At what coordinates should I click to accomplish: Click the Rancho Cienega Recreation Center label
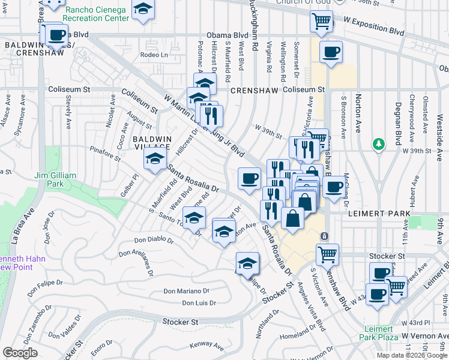coord(97,14)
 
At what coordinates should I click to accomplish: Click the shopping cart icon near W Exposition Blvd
coord(322,22)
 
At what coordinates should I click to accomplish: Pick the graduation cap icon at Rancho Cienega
coord(142,10)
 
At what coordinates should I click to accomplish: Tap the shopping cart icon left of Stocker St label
coord(327,254)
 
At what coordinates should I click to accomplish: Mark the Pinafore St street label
coord(104,150)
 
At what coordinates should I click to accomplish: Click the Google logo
coord(20,353)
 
